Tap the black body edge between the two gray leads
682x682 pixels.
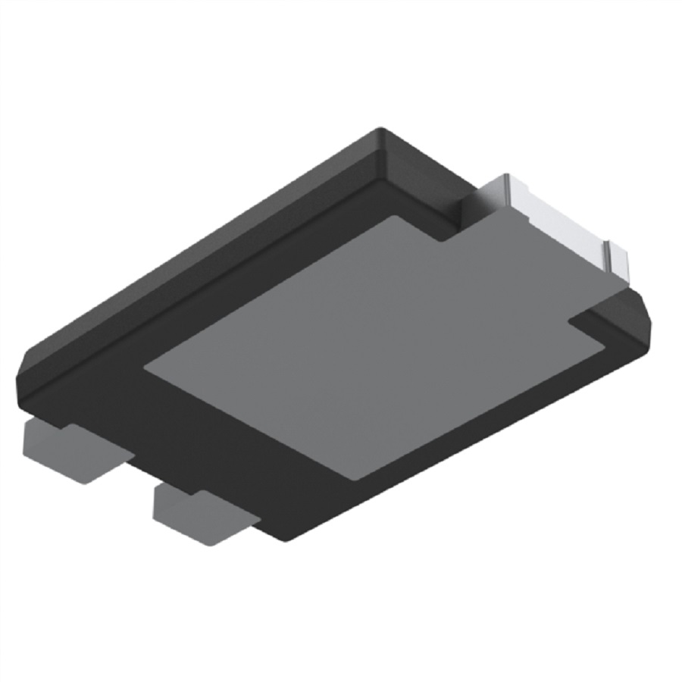[x=140, y=474]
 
